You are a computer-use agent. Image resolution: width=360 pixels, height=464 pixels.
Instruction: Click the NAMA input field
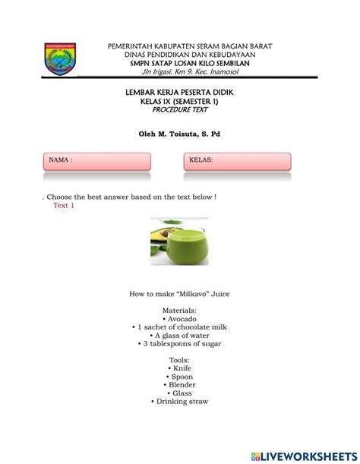click(96, 162)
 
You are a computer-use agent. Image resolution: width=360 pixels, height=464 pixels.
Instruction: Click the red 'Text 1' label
click(64, 206)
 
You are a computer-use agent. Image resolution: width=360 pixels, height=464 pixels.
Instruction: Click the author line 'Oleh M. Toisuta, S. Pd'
click(180, 134)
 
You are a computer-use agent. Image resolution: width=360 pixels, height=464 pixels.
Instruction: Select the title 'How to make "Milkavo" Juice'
click(180, 293)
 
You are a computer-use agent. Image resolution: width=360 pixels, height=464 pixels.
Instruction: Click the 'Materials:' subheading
click(180, 311)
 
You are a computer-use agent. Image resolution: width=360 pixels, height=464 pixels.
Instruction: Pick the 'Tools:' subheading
click(180, 360)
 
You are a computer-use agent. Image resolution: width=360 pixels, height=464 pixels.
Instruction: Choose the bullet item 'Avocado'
click(180, 319)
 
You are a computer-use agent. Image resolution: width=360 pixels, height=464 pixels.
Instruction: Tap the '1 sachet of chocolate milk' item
click(180, 327)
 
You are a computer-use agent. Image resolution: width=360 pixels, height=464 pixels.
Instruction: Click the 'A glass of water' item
click(180, 336)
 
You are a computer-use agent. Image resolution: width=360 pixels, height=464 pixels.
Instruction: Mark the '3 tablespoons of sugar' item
click(180, 344)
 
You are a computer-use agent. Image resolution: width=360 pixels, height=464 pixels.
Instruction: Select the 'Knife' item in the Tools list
click(180, 368)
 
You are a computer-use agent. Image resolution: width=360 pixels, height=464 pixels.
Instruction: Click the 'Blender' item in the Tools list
click(180, 385)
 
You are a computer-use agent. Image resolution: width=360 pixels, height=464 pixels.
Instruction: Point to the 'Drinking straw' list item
click(180, 402)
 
